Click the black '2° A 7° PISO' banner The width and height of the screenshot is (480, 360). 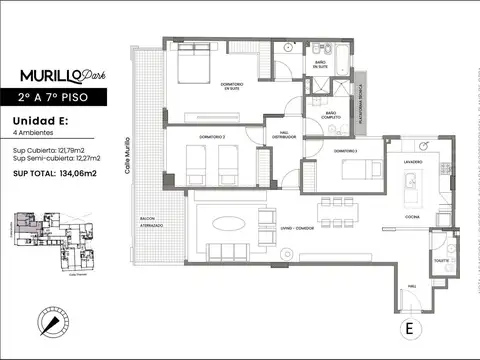[63, 99]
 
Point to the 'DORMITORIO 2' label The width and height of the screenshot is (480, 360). [209, 136]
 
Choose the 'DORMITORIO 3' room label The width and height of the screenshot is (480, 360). [345, 150]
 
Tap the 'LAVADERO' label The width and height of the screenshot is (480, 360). [413, 162]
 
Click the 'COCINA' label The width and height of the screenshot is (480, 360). [413, 216]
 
